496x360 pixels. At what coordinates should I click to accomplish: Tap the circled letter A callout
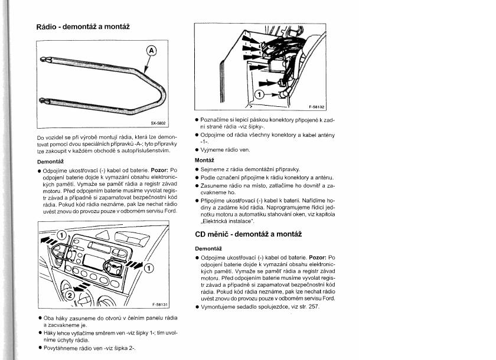point(151,51)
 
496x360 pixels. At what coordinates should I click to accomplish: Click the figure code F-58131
point(160,305)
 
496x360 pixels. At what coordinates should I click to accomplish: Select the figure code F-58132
point(317,107)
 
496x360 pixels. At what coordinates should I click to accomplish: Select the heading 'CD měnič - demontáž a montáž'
point(248,234)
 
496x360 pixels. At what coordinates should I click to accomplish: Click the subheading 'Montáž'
point(204,160)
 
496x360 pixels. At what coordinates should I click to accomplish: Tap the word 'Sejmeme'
point(213,169)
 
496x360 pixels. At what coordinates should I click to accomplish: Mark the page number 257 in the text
point(314,307)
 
